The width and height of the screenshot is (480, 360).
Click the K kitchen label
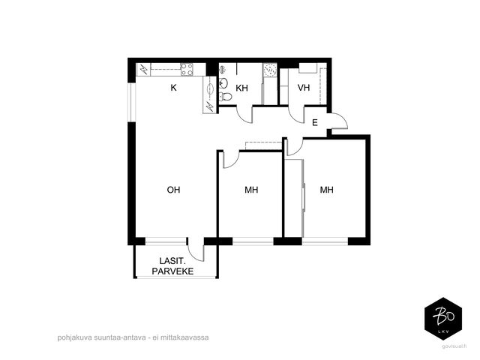pyautogui.click(x=173, y=88)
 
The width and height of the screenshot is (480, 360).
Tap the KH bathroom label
pyautogui.click(x=241, y=88)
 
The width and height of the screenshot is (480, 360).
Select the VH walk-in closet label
pyautogui.click(x=304, y=88)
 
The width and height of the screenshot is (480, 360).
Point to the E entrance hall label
pyautogui.click(x=315, y=123)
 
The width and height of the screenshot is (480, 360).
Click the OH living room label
pyautogui.click(x=173, y=190)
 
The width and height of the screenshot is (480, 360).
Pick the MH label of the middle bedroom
pyautogui.click(x=251, y=190)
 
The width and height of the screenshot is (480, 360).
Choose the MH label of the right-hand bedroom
pyautogui.click(x=327, y=190)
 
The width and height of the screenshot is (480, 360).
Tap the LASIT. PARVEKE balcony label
pyautogui.click(x=172, y=266)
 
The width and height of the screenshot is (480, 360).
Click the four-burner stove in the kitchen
pyautogui.click(x=187, y=70)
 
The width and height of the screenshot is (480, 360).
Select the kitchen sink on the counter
pyautogui.click(x=210, y=88)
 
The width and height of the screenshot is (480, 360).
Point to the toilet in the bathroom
pyautogui.click(x=226, y=97)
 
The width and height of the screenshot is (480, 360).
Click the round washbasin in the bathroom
pyautogui.click(x=223, y=82)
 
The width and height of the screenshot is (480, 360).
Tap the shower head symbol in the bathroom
pyautogui.click(x=223, y=70)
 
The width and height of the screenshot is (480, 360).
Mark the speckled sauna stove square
pyautogui.click(x=270, y=70)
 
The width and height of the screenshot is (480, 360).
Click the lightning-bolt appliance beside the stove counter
pyautogui.click(x=143, y=70)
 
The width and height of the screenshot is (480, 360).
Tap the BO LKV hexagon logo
pyautogui.click(x=443, y=318)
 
